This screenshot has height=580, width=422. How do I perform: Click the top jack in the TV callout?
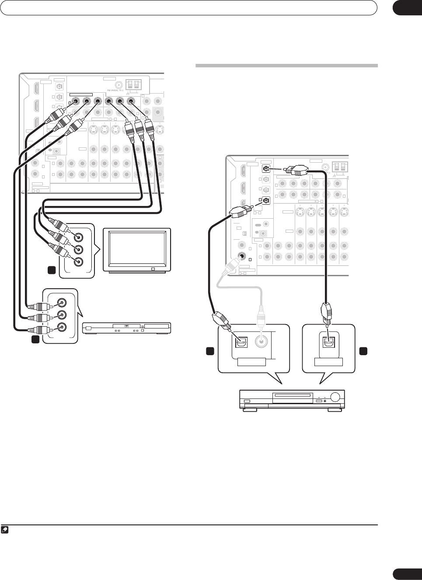[78, 238]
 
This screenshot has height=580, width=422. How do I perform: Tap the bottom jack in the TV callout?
[78, 262]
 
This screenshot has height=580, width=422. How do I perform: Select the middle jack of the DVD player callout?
[62, 314]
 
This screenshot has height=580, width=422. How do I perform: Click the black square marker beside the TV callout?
[52, 270]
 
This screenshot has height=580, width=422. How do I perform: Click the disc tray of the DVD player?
[127, 326]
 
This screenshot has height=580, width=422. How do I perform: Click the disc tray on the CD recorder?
[292, 398]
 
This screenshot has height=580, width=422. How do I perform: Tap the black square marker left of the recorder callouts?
[210, 351]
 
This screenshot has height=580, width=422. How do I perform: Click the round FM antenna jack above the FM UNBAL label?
[118, 85]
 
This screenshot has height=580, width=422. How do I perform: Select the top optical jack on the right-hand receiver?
[265, 168]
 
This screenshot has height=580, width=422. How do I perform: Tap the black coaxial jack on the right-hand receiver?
[241, 257]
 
